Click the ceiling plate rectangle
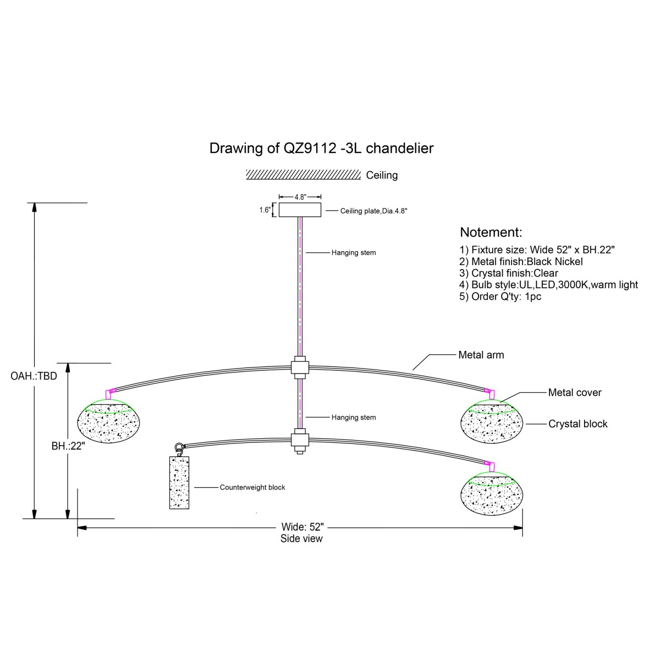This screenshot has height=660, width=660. coord(300,210)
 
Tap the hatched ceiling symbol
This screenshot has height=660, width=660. coord(303,175)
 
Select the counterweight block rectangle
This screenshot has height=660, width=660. coord(179,482)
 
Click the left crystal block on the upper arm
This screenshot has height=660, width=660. coord(108,421)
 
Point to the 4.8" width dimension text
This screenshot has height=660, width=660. coord(300,197)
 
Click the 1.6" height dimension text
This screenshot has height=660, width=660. coord(265,210)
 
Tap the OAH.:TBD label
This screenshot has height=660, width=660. coord(34,376)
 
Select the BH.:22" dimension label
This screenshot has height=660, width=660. coord(68,446)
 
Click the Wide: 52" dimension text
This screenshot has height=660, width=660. coord(302,527)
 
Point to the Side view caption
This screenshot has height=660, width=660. coord(301,538)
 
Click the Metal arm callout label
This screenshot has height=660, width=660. coord(481,355)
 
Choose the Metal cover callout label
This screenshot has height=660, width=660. coord(575,393)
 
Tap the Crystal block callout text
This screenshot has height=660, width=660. coord(578,424)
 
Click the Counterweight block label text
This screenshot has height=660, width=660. coord(252,487)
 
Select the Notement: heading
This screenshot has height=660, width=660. coord(491,232)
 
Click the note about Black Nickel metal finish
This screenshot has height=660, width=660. coord(521,261)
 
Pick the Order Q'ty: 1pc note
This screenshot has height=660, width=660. coord(501,296)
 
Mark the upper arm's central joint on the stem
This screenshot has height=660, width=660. coord(300,367)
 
